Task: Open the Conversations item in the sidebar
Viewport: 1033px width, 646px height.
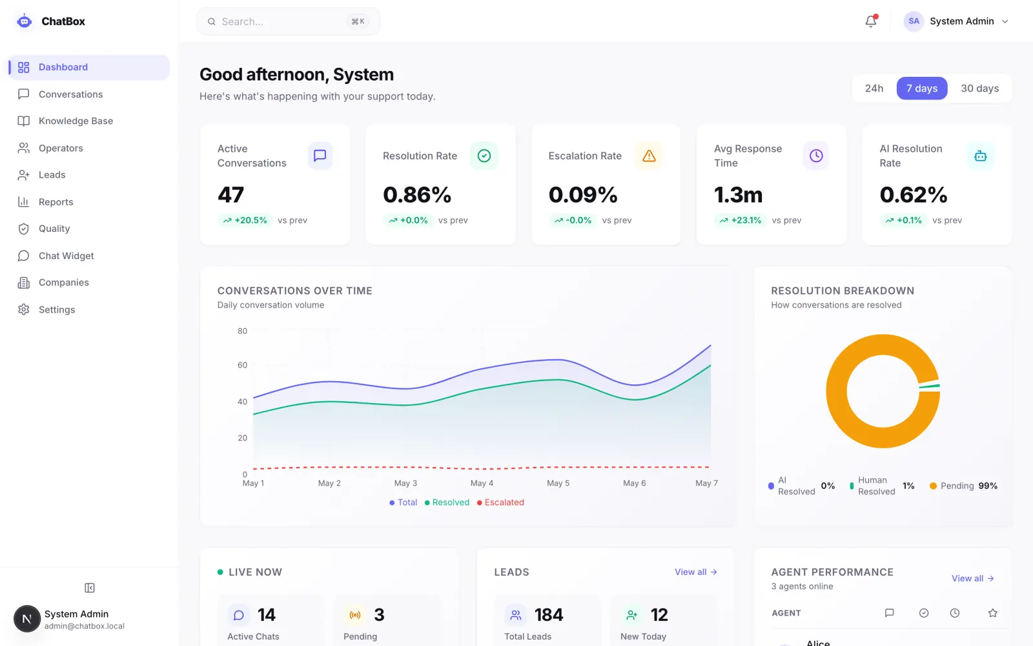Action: tap(70, 94)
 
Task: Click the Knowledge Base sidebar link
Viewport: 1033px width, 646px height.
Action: tap(76, 121)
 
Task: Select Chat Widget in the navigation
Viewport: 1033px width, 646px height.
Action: tap(66, 256)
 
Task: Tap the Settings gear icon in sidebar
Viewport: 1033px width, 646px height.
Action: tap(23, 309)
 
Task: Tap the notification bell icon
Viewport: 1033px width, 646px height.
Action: tap(871, 21)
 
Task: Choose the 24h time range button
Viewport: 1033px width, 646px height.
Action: tap(874, 88)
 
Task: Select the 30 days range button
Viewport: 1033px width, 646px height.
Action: tap(979, 88)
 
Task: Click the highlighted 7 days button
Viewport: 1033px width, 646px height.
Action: tap(922, 88)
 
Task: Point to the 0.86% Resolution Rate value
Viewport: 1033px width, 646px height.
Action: tap(417, 194)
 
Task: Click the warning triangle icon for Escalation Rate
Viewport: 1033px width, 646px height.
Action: tap(649, 156)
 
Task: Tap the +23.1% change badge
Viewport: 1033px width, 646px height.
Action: tap(740, 220)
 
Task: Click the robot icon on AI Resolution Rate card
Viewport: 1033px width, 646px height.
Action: tap(981, 156)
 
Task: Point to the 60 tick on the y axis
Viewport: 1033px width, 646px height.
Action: tap(243, 365)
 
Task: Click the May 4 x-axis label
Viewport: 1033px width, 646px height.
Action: tap(482, 483)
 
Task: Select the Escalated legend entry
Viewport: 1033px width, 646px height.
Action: tap(500, 502)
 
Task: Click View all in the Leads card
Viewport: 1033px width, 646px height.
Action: tap(695, 572)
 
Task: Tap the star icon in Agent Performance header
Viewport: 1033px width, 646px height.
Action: tap(993, 613)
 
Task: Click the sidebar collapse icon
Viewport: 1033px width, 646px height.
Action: tap(90, 588)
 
